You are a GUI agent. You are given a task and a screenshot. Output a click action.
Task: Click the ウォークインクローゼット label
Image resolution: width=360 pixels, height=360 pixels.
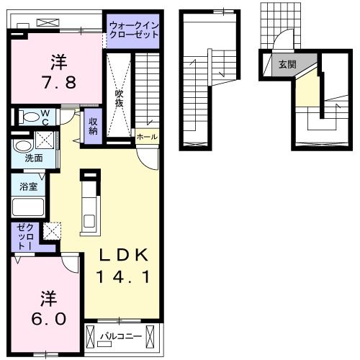tap(134, 30)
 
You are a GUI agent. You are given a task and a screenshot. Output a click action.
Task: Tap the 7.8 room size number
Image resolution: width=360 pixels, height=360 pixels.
tap(59, 82)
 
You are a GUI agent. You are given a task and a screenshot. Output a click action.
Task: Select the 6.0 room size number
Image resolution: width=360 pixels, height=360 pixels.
tap(49, 319)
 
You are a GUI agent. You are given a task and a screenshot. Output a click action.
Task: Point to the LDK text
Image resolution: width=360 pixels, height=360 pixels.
tap(123, 255)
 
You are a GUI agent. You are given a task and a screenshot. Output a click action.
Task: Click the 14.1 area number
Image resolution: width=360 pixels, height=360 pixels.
tap(123, 276)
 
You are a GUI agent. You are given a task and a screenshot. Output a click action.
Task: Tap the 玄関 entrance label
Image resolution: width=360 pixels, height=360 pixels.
tap(287, 64)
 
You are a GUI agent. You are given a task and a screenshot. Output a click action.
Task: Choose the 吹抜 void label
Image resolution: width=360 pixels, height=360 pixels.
tap(120, 99)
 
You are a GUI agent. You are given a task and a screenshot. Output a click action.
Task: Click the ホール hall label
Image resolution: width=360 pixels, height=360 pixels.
tap(147, 137)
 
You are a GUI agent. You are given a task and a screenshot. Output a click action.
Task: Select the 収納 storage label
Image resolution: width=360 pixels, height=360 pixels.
tap(93, 126)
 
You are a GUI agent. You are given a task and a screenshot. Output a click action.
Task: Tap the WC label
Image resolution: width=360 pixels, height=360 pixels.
tap(45, 117)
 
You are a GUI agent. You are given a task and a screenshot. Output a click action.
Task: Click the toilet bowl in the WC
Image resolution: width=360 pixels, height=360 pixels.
tap(30, 117)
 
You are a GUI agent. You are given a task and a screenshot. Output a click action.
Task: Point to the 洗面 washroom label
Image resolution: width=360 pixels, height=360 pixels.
tap(34, 158)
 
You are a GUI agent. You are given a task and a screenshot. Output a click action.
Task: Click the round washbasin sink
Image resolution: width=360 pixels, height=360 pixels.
tap(22, 146)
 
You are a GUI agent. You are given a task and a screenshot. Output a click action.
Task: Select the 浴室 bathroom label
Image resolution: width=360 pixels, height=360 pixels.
tap(29, 186)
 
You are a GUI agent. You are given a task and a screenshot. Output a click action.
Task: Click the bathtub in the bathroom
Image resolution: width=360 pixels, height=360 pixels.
tap(28, 207)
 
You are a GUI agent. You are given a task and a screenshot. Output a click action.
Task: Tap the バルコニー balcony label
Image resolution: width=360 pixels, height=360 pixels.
tap(121, 336)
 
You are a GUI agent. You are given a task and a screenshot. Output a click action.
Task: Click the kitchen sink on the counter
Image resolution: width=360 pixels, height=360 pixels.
tap(90, 221)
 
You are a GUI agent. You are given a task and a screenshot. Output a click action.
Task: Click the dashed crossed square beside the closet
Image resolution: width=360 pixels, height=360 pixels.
tap(52, 231)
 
